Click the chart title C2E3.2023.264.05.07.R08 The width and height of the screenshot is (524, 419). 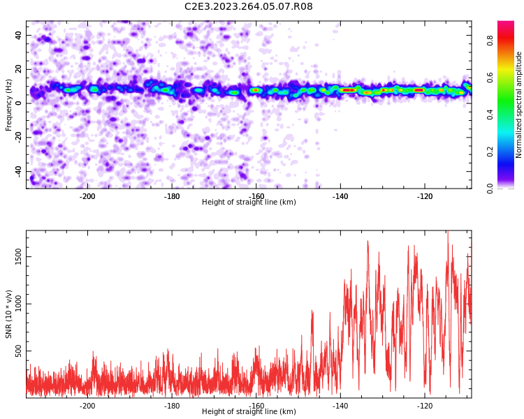click(x=249, y=7)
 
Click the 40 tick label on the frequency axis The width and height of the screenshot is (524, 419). click(x=18, y=35)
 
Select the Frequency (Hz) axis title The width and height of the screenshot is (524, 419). click(x=9, y=105)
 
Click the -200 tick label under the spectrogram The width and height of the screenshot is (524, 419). click(x=87, y=197)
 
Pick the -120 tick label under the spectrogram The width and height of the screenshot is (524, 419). click(x=425, y=197)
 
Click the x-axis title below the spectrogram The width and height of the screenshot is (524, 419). click(x=249, y=203)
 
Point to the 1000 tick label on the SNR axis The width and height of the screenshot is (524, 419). click(x=19, y=304)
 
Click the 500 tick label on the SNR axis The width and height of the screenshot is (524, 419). click(x=19, y=351)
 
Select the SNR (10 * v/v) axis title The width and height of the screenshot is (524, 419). click(x=9, y=314)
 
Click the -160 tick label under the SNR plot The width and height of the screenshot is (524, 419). click(x=256, y=406)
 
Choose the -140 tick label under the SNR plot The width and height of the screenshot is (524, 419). click(x=340, y=406)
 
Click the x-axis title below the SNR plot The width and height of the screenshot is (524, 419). click(x=249, y=412)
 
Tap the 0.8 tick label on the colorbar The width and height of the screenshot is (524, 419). click(x=490, y=41)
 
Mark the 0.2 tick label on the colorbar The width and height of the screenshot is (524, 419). click(x=490, y=151)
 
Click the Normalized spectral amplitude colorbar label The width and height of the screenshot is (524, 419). click(x=519, y=105)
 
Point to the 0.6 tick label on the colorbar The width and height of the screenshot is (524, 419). click(x=490, y=78)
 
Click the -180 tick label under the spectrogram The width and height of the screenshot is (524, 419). click(x=172, y=197)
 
